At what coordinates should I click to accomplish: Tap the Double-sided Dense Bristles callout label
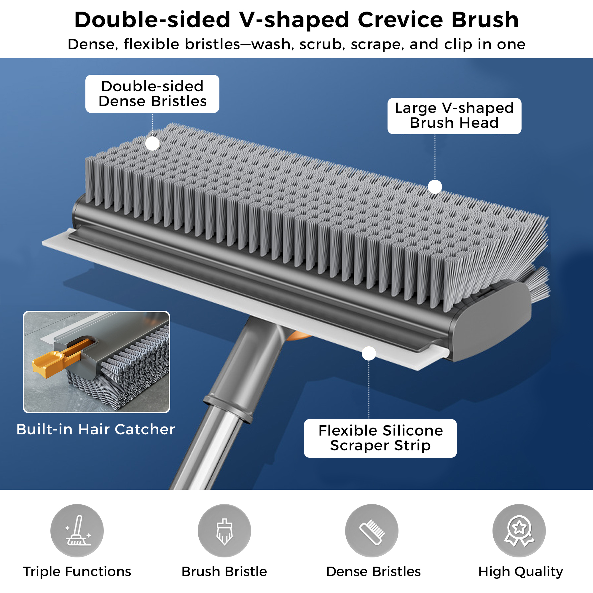[152, 94]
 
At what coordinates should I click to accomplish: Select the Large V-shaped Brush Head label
[454, 116]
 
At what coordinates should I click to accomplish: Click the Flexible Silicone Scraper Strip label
[380, 438]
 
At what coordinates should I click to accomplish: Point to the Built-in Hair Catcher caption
[95, 429]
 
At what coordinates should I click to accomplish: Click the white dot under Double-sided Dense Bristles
[152, 143]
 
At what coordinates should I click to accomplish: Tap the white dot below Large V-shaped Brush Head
[435, 186]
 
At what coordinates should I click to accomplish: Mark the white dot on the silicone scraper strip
[369, 354]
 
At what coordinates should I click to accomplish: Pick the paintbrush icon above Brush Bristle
[224, 531]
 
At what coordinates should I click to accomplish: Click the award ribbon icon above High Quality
[519, 531]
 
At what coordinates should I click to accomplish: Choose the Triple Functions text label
[77, 572]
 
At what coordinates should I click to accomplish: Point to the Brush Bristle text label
[224, 572]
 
